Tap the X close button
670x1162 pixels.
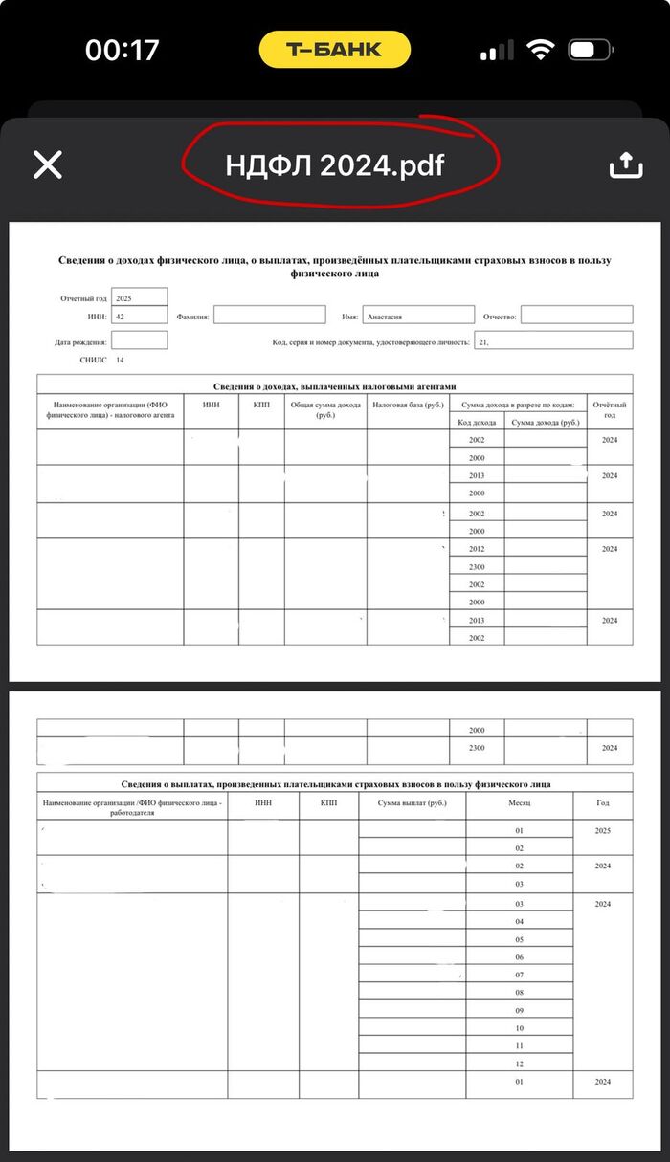click(x=48, y=164)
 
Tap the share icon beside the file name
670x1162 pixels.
click(x=625, y=164)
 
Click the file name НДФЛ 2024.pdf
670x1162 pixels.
click(x=335, y=164)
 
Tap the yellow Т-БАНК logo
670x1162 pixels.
click(x=334, y=50)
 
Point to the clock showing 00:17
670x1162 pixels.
click(x=122, y=50)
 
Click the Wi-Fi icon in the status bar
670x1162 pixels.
click(x=542, y=50)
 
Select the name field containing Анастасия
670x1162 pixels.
click(x=419, y=315)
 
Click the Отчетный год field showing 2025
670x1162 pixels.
click(x=139, y=298)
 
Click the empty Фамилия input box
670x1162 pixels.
click(x=269, y=315)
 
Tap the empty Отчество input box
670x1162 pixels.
click(x=576, y=315)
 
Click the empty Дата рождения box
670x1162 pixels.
click(x=139, y=340)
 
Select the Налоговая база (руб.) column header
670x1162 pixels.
click(x=408, y=406)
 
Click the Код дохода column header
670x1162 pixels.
click(x=477, y=422)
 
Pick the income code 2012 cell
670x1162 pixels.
click(x=477, y=549)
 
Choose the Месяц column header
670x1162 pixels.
click(x=519, y=802)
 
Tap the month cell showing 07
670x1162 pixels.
click(x=519, y=975)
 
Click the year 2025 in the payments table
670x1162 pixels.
click(x=602, y=830)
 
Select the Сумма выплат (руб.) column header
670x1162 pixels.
click(x=413, y=802)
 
